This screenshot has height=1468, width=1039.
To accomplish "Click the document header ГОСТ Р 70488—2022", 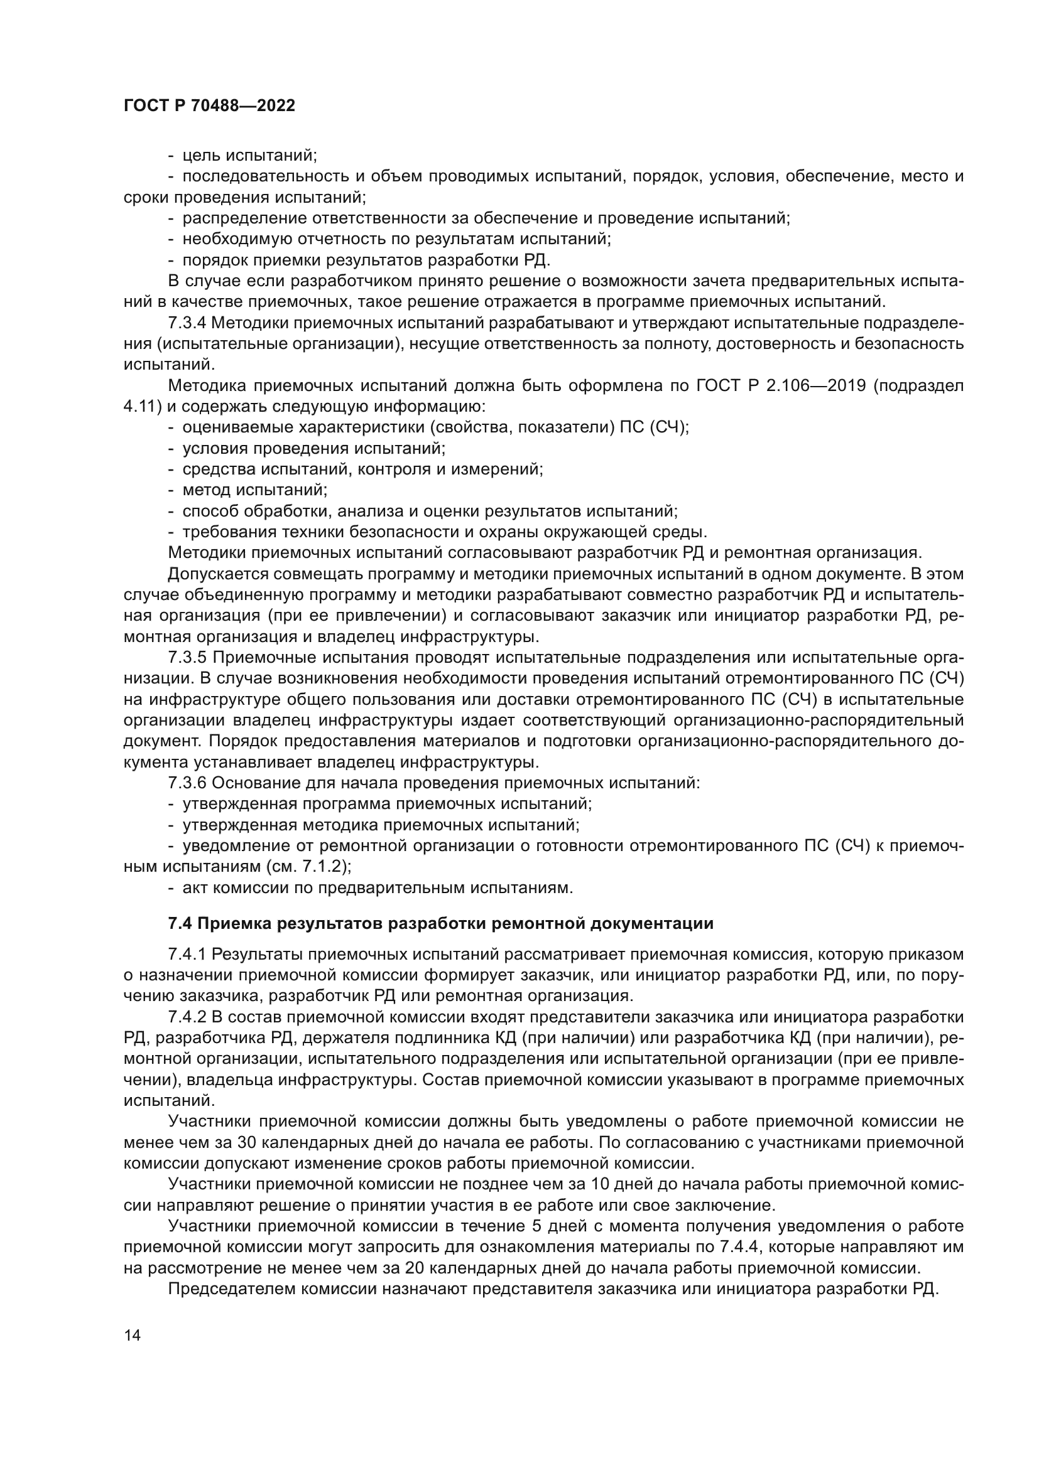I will point(209,106).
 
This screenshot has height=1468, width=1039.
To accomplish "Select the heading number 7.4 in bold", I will point(180,923).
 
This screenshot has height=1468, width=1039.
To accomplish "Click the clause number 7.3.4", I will point(187,323).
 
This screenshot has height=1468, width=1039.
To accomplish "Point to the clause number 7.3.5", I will point(187,658).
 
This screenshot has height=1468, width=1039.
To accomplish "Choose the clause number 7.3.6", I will point(187,783).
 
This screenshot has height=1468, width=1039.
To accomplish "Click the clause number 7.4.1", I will point(187,955).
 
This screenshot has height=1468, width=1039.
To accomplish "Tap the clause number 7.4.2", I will point(187,1017).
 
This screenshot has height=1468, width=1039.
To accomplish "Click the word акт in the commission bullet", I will point(195,888).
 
